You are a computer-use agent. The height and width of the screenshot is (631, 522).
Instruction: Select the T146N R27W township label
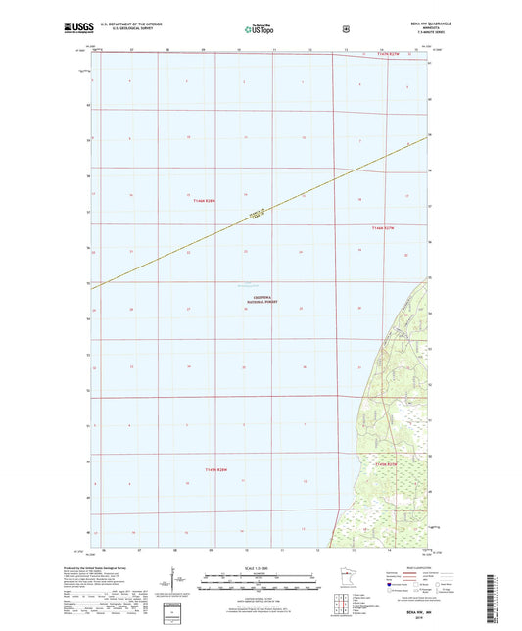click(x=383, y=229)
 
